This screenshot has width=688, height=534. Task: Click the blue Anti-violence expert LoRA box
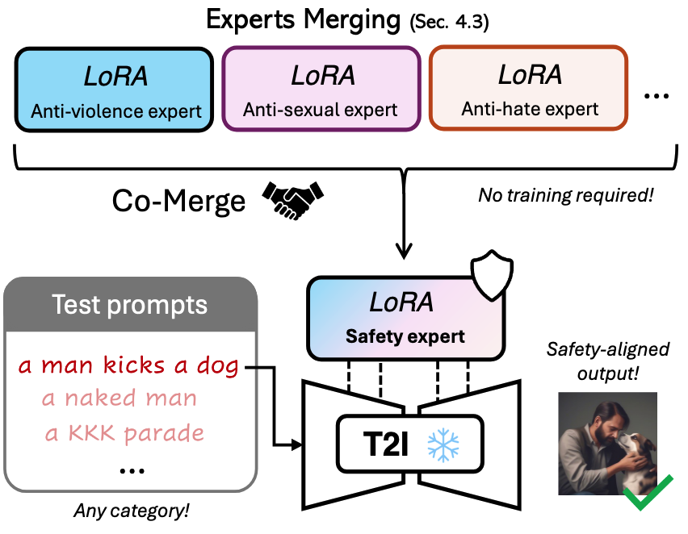115,89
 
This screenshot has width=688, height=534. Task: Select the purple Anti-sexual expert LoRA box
321,89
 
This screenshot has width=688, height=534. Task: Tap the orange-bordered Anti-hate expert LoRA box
529,89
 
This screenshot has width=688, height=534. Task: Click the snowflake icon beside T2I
443,445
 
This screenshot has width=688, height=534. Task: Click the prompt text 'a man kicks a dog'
129,366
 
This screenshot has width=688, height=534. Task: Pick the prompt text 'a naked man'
120,398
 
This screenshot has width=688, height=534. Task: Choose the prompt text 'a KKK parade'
124,432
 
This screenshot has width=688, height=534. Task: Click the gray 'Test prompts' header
129,305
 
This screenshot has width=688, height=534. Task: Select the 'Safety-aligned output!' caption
607,360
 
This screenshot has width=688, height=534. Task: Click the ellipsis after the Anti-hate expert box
657,97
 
